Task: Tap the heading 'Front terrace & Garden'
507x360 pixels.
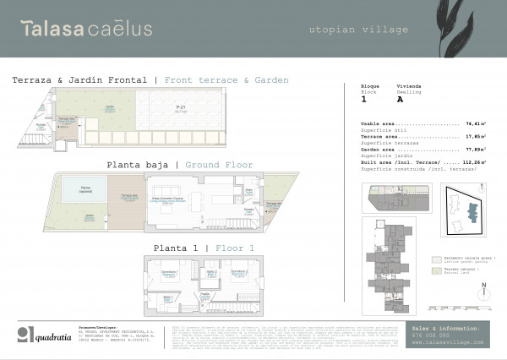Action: click(x=226, y=80)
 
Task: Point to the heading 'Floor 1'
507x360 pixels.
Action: click(x=234, y=248)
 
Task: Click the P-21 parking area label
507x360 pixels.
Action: click(x=181, y=108)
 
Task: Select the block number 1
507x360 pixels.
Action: click(x=364, y=100)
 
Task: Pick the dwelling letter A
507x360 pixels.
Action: click(x=400, y=100)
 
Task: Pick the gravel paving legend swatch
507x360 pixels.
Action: click(x=436, y=261)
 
